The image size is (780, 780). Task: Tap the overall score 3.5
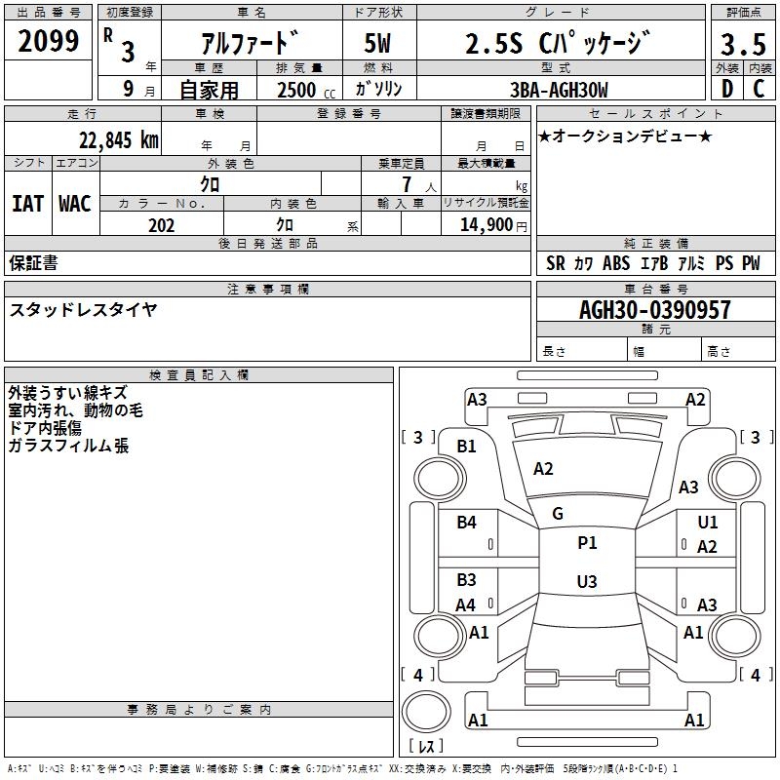(x=743, y=44)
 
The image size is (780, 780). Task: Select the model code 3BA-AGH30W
(x=560, y=90)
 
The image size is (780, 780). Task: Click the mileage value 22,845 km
(x=118, y=139)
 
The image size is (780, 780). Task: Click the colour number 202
(x=161, y=225)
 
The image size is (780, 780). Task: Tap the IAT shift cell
(x=27, y=204)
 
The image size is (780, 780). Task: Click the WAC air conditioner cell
(x=74, y=204)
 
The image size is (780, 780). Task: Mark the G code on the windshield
(x=558, y=513)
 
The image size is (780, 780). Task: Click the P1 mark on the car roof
(x=587, y=543)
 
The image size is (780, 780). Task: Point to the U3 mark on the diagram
(x=587, y=582)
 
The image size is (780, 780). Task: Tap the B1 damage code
(x=467, y=447)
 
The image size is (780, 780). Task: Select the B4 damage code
(x=467, y=523)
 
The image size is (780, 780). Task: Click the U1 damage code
(x=707, y=523)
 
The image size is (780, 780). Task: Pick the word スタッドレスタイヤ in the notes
(x=83, y=310)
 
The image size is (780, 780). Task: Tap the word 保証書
(x=33, y=263)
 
